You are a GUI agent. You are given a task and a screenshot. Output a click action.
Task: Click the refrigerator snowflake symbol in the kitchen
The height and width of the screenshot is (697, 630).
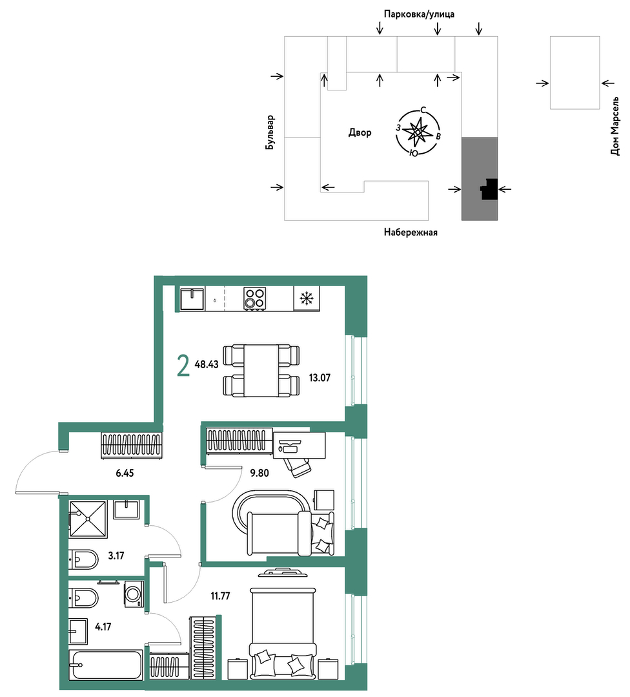[x=307, y=298]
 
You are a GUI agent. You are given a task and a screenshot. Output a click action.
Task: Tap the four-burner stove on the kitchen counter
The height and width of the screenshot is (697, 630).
[x=255, y=298]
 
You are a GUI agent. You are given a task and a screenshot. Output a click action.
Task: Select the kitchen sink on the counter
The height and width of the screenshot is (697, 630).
[x=192, y=298]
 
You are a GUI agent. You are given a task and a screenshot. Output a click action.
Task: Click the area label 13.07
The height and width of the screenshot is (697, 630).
[x=320, y=378]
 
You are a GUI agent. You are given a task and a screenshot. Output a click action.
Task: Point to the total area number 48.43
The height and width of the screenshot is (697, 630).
[x=207, y=364]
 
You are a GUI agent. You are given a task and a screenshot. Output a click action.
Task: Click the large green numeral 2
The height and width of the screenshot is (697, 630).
[x=183, y=366]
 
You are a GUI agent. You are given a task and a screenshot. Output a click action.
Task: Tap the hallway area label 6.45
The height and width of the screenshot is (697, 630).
[x=125, y=473]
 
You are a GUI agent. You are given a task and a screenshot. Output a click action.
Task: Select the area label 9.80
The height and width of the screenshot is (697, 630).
[x=259, y=473]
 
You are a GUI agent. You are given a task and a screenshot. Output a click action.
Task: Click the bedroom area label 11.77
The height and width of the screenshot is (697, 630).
[x=220, y=596]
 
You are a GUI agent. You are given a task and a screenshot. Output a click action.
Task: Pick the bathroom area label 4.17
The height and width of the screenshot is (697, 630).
[x=103, y=627]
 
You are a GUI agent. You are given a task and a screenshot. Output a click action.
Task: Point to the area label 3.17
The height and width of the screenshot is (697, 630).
[x=116, y=556]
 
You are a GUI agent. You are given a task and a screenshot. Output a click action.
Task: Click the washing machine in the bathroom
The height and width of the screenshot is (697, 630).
[x=134, y=594]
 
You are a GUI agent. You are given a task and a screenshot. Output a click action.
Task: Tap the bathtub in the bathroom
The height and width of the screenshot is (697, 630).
[x=105, y=665]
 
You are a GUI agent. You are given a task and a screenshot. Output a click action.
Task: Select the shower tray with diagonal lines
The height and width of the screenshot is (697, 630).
[x=88, y=519]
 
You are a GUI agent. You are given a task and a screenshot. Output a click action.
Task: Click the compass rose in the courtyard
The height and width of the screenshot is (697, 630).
[x=417, y=132]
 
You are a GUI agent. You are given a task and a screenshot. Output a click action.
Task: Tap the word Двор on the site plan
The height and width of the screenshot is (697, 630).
[x=360, y=132]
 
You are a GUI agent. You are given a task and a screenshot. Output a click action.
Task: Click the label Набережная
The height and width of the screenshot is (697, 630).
[x=411, y=232]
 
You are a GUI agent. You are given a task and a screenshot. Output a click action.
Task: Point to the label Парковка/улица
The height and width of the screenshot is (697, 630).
[x=419, y=14]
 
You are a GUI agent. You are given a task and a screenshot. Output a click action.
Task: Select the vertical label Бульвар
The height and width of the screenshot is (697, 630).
[x=270, y=132]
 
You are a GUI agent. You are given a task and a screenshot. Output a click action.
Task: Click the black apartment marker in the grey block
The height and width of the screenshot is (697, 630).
[x=489, y=189]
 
